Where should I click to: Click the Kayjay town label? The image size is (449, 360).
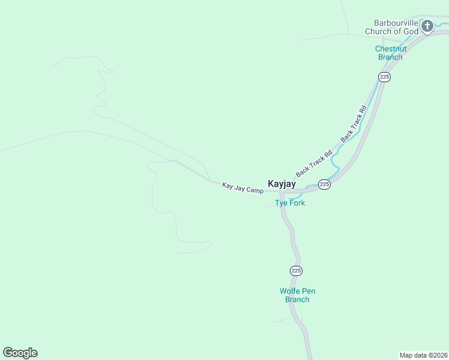[281, 184]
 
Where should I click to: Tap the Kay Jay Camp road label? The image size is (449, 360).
[243, 188]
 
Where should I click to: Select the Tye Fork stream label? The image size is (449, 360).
[290, 203]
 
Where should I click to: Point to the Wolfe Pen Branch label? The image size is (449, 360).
[297, 295]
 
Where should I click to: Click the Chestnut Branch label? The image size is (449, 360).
[390, 53]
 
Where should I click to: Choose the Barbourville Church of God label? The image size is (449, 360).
[391, 27]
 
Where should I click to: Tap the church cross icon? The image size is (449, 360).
[427, 26]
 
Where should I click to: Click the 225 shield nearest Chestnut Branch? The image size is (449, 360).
[385, 77]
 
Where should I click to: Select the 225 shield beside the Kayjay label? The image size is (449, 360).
[324, 184]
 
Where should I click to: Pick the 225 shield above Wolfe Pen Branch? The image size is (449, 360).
[296, 271]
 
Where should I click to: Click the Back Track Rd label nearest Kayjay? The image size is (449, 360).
[314, 163]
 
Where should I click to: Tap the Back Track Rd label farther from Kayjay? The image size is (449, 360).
[354, 124]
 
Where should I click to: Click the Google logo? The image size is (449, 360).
[20, 353]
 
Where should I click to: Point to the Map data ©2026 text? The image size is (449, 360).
[424, 355]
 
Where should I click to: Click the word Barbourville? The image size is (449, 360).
[391, 23]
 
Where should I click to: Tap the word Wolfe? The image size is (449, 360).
[290, 291]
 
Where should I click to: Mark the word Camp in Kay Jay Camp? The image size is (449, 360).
[255, 190]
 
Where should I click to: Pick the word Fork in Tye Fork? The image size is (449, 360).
[297, 203]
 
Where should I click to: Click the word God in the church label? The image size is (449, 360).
[410, 31]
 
